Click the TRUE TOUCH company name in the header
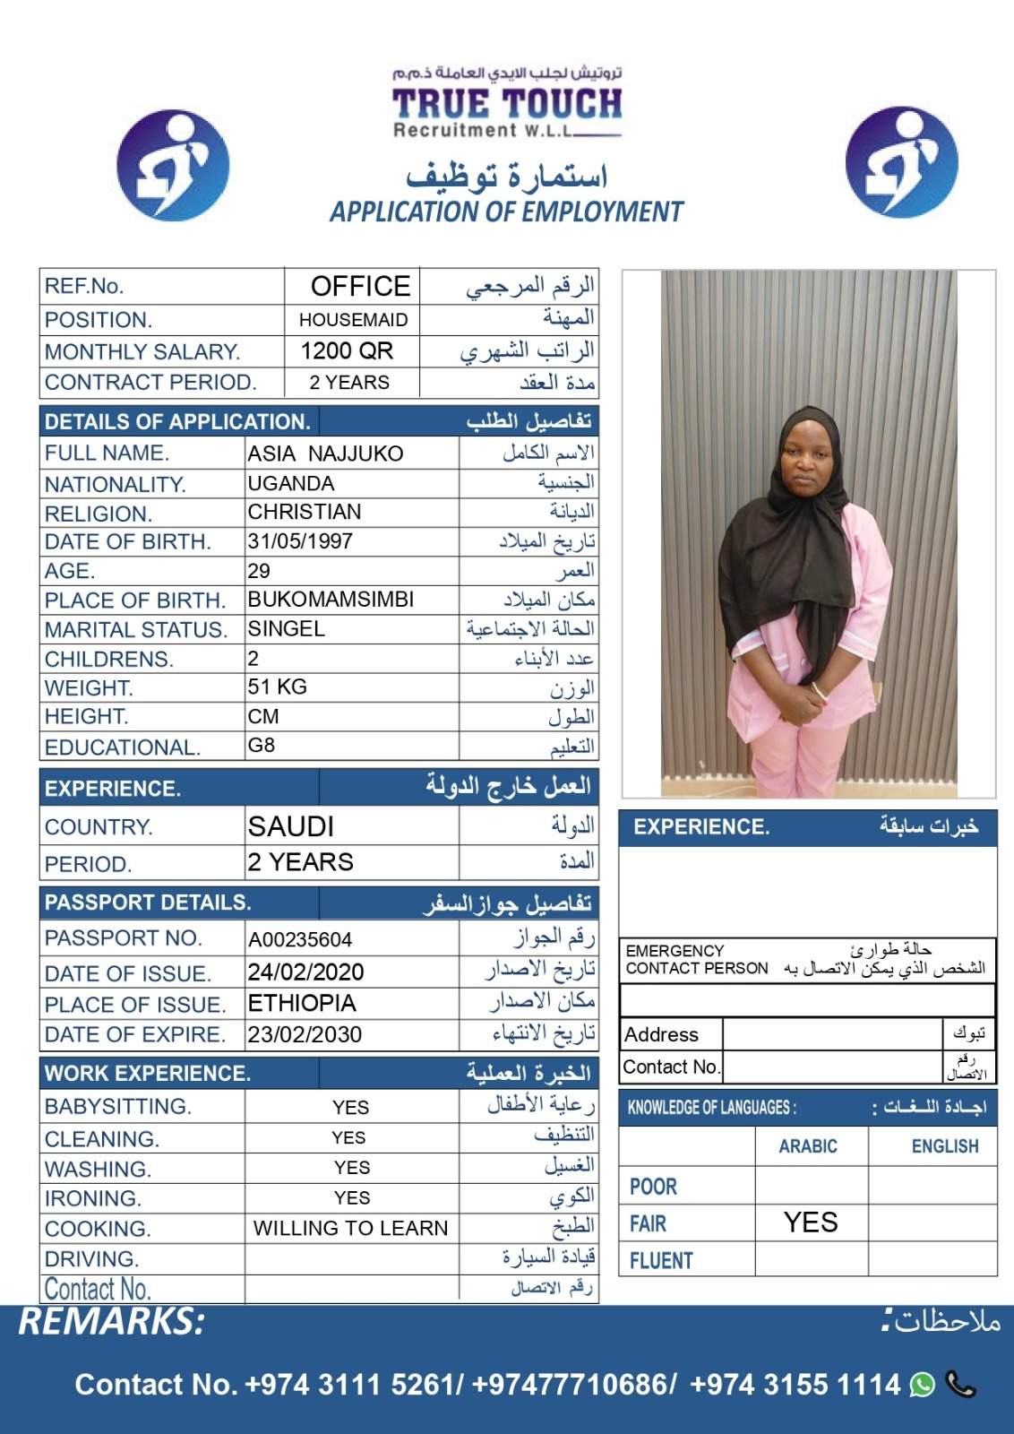(x=507, y=104)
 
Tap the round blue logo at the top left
(x=174, y=166)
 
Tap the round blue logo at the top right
(x=901, y=162)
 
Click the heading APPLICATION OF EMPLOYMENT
(x=507, y=212)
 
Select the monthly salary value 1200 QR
(x=348, y=351)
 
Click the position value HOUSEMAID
(x=353, y=320)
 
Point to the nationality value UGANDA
(x=291, y=484)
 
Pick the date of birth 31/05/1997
(x=300, y=541)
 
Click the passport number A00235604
(x=300, y=939)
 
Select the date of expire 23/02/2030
(x=305, y=1034)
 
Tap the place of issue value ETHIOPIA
(x=302, y=1003)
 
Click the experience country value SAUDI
(x=291, y=825)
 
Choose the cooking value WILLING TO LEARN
(x=350, y=1228)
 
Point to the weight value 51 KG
(x=278, y=687)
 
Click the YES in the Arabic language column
(x=811, y=1222)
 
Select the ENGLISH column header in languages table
(x=945, y=1146)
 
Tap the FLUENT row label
(x=661, y=1261)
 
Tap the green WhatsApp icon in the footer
(x=922, y=1385)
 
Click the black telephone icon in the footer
(x=960, y=1385)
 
